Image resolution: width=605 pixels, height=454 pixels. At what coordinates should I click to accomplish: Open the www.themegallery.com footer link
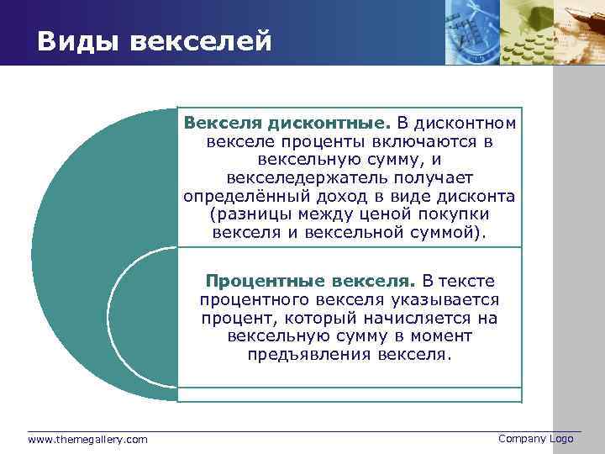pos(87,440)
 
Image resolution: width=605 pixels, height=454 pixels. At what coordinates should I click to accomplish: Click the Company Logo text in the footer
pos(535,439)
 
